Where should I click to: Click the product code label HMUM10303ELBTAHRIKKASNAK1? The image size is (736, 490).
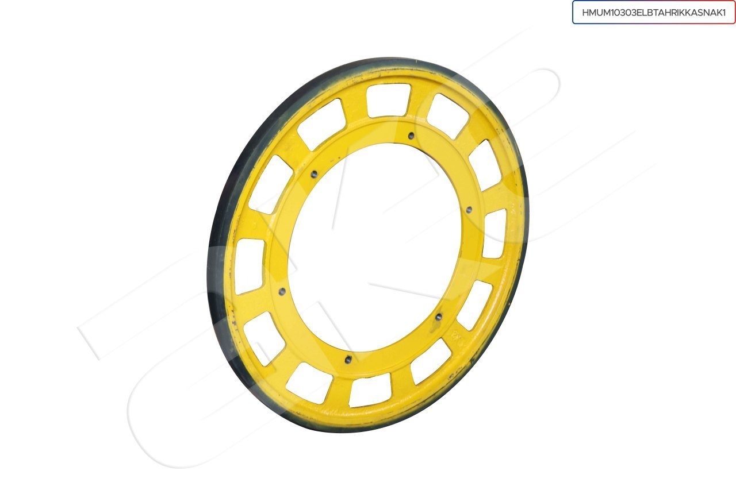654,13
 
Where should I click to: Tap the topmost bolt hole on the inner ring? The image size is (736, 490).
411,136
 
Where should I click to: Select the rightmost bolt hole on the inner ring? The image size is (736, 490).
469,209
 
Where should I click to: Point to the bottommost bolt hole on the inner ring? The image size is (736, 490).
349,359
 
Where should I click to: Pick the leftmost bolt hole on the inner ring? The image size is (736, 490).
282,291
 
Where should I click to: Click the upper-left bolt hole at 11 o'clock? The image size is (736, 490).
314,173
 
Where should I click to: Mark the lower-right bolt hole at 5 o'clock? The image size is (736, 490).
439,317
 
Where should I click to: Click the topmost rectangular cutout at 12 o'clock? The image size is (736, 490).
388,100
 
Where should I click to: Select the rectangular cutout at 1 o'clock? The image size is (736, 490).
448,115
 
